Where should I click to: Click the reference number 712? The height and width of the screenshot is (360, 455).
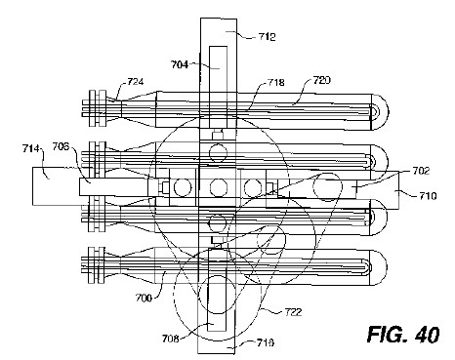[x=267, y=37]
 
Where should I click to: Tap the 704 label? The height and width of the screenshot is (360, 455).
[x=180, y=64]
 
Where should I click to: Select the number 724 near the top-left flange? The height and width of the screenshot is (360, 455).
[x=135, y=81]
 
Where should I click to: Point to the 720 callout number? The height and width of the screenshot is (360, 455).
[x=321, y=80]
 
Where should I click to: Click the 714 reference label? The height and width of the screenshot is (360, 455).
[x=30, y=149]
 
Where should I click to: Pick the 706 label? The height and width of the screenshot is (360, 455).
[x=61, y=147]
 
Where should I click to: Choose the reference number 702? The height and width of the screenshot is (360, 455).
[x=421, y=171]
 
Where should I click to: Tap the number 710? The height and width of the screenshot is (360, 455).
[x=428, y=196]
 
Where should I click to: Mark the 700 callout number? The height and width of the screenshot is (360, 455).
[x=144, y=298]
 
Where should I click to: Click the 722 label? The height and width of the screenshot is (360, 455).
[x=293, y=312]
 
